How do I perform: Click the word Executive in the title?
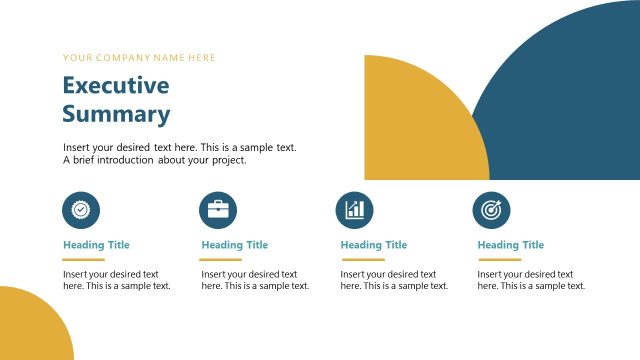pos(116,85)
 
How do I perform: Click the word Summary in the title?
pos(116,114)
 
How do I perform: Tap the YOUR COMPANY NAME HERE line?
pos(139,58)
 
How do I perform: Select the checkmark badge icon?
pos(81,209)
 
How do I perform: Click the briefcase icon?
pos(217,209)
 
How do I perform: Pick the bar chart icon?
pos(354,209)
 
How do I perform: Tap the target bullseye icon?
pos(491,209)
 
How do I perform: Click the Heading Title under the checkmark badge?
pos(96,245)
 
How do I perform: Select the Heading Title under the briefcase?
pos(235,245)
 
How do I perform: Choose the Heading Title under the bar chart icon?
pos(374,245)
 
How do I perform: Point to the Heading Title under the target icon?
pos(511,245)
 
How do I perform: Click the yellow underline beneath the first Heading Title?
pos(84,259)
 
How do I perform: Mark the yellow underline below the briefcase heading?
pos(222,259)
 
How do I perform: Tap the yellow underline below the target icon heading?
pos(499,259)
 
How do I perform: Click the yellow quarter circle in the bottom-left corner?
pos(28,328)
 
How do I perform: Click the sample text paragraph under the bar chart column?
pos(394,280)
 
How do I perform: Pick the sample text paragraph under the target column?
pos(531,280)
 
